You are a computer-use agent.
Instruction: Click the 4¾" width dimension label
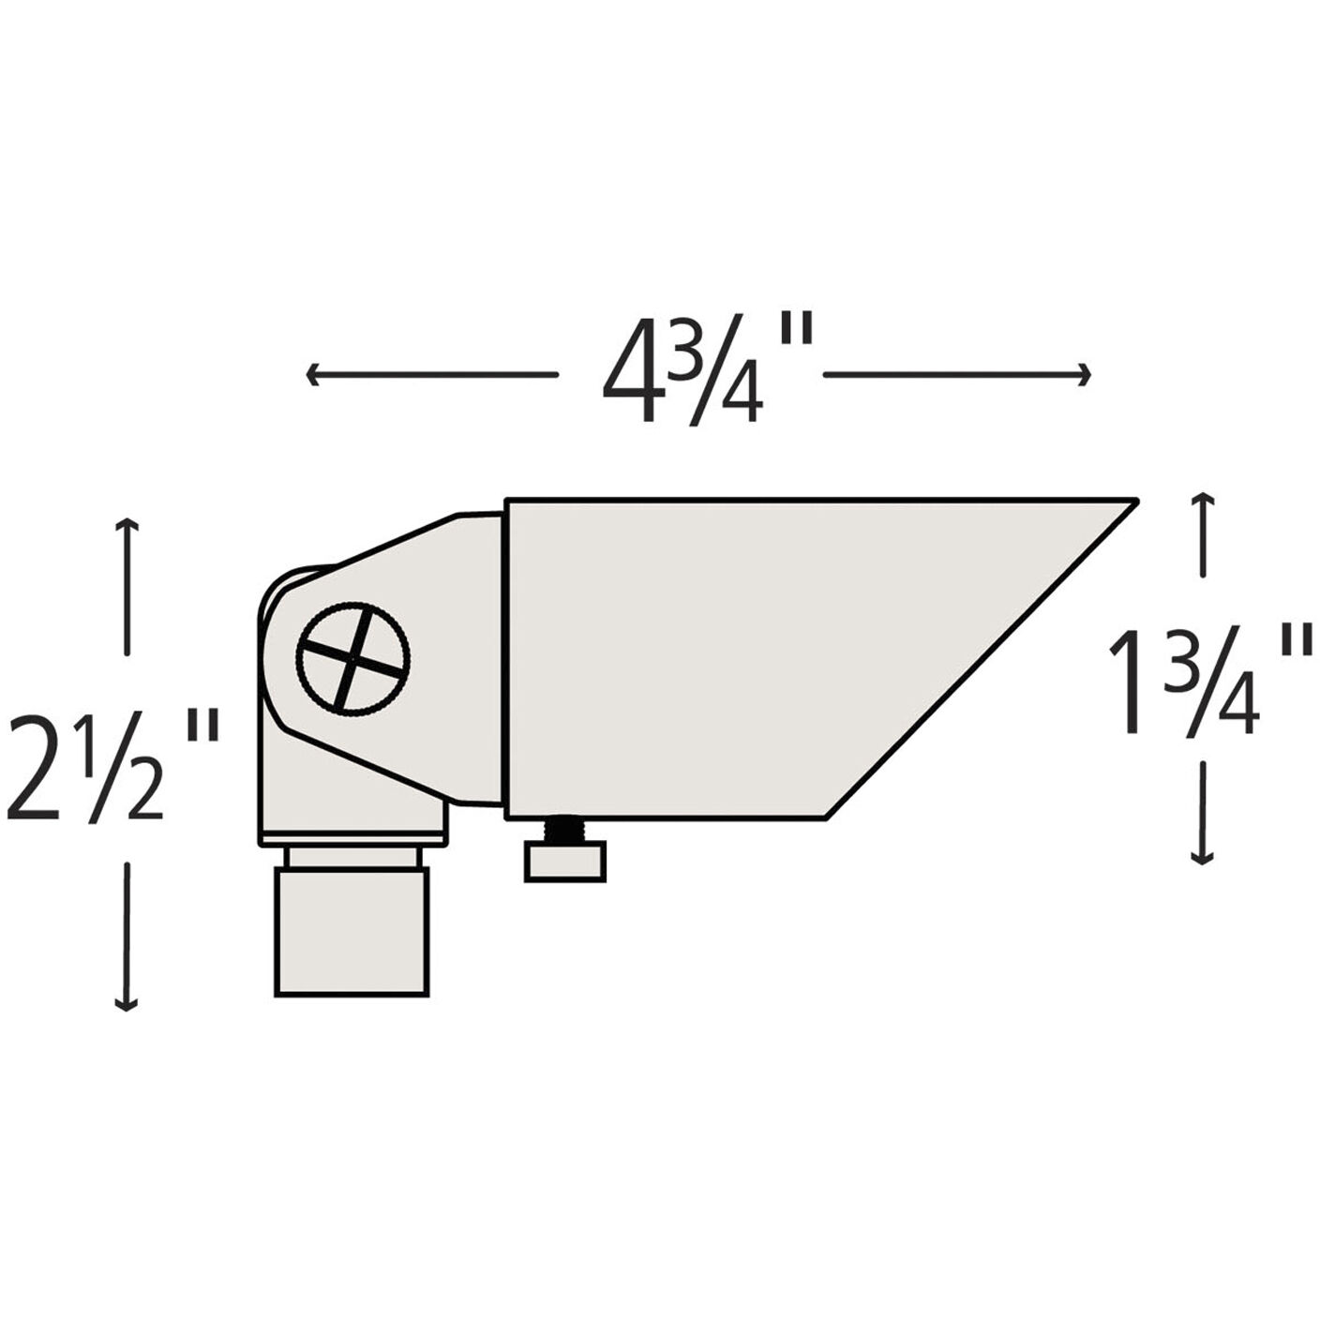tap(703, 373)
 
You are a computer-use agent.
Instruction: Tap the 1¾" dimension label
tap(1209, 682)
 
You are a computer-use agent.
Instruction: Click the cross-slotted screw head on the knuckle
tap(352, 654)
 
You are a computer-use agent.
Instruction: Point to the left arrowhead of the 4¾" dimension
tap(312, 375)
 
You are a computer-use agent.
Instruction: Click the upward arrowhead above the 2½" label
tap(126, 525)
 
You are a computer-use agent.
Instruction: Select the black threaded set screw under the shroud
tap(564, 830)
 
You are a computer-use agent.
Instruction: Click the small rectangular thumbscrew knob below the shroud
tap(564, 862)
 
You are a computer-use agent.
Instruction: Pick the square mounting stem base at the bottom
tap(352, 930)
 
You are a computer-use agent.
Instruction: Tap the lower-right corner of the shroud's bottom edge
tap(825, 817)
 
